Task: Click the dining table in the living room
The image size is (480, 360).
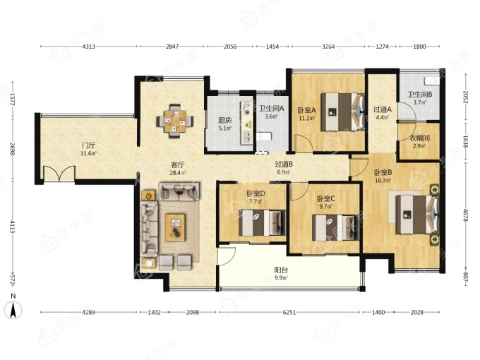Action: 175,121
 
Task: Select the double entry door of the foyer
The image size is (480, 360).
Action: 59,174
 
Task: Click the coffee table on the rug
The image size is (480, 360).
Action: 175,227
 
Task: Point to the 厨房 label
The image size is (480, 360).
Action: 224,120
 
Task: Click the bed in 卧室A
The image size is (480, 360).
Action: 343,112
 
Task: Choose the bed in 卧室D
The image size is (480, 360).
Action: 262,222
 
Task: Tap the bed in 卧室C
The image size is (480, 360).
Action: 335,227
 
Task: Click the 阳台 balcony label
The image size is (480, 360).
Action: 281,270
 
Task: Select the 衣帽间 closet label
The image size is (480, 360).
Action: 419,138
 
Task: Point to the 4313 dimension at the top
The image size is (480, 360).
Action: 89,47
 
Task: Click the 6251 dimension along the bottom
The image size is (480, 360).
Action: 289,312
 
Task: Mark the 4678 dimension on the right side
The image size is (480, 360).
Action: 465,215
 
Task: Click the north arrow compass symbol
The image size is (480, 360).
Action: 13,308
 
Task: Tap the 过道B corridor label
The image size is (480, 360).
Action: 284,164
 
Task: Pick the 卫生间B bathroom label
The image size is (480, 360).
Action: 419,95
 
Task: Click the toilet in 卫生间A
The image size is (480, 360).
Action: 263,136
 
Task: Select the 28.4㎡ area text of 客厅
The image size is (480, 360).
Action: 178,173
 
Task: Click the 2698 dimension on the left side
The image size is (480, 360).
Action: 12,149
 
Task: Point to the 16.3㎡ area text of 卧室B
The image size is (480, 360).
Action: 383,180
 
